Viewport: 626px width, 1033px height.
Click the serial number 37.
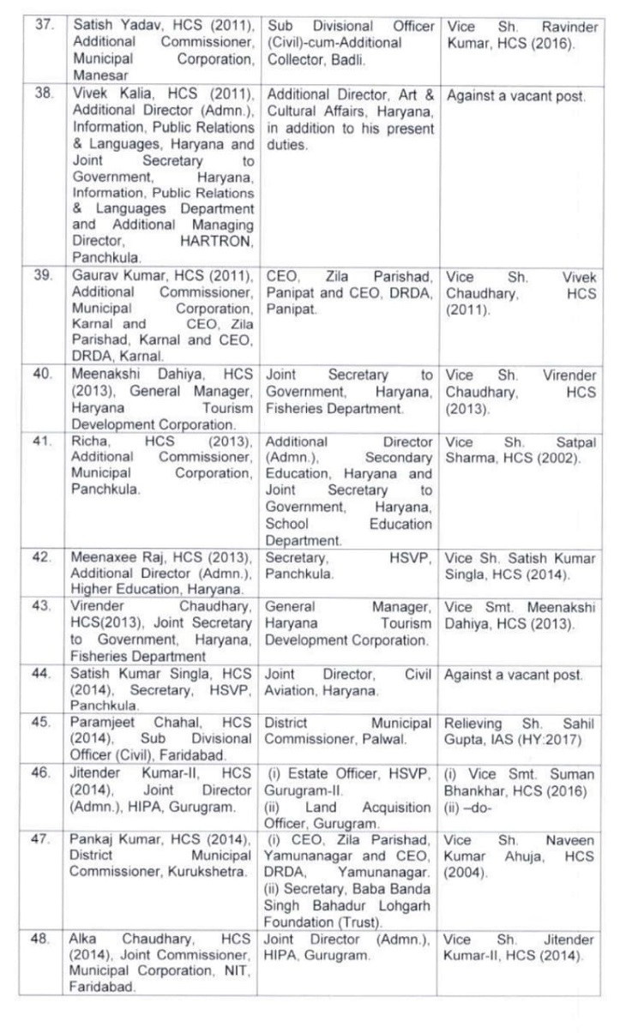click(x=43, y=26)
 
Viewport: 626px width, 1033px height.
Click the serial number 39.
click(x=43, y=277)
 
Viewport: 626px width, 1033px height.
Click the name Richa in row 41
click(x=87, y=441)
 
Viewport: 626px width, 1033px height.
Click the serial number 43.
click(x=43, y=606)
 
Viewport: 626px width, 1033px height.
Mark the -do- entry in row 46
click(x=480, y=807)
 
